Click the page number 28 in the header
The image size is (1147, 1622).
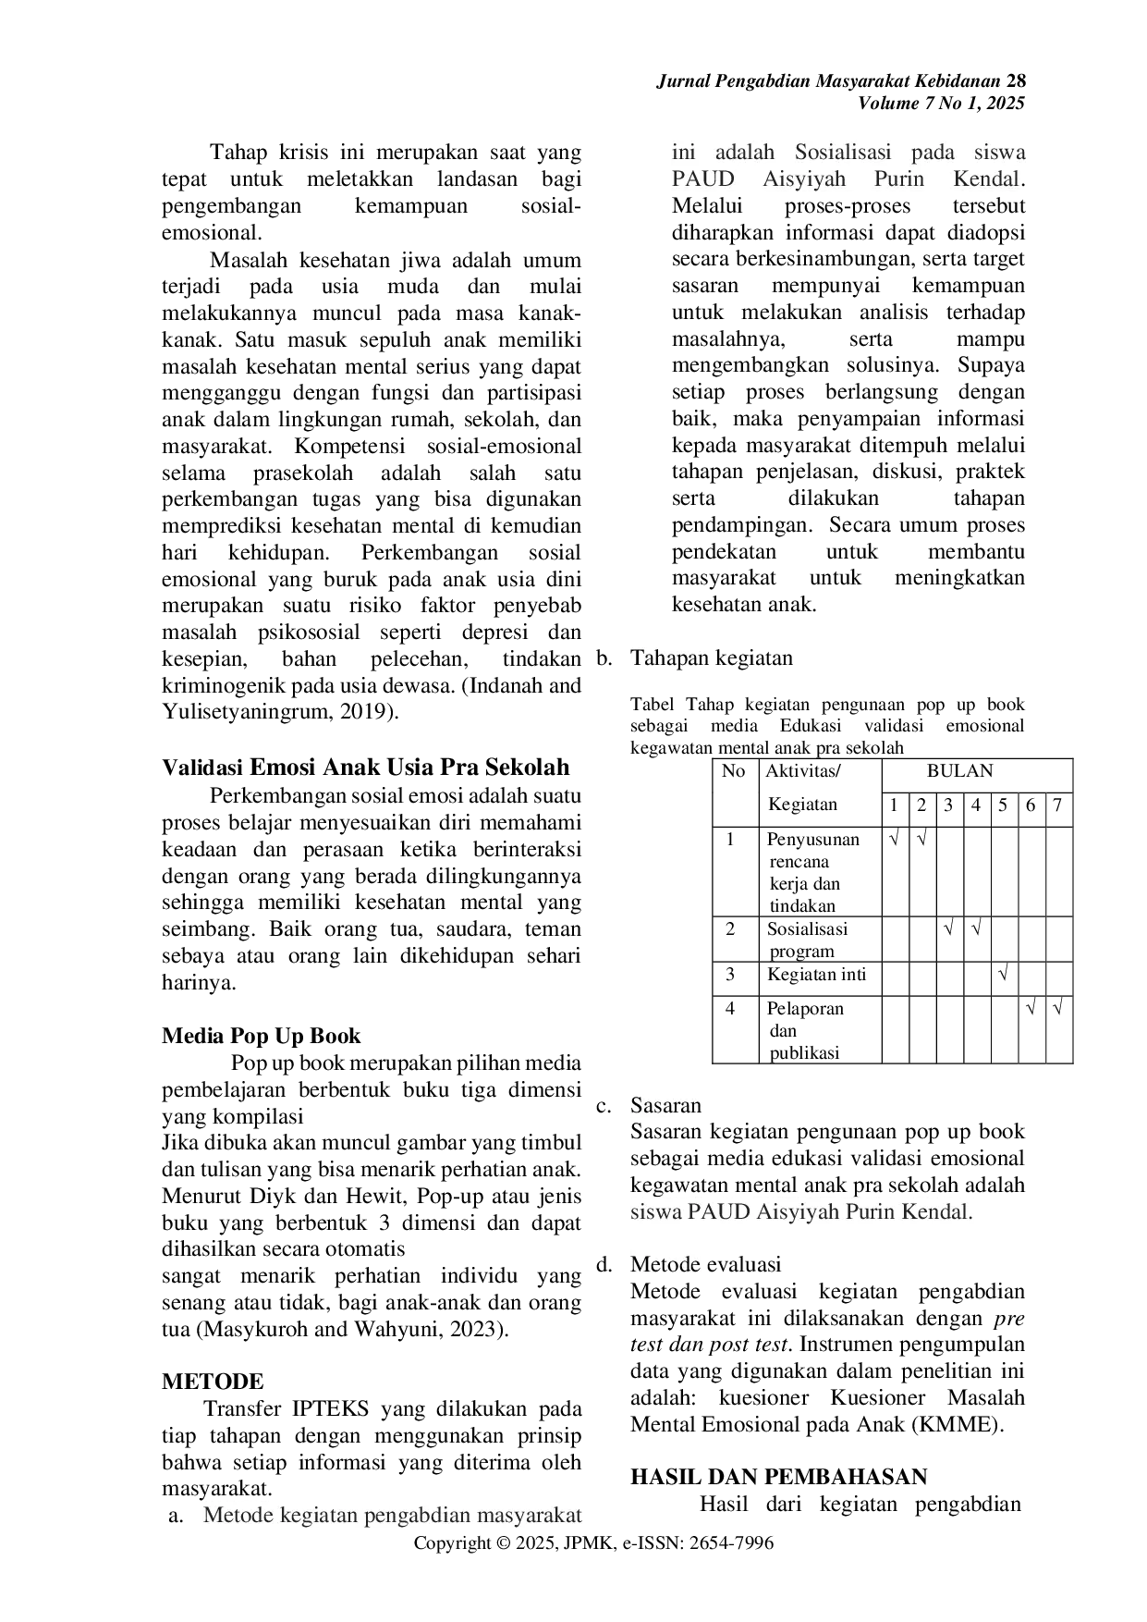point(1015,81)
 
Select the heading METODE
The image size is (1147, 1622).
point(213,1382)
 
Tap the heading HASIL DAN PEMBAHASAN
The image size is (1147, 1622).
point(778,1477)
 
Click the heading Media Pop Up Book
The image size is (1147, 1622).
point(262,1036)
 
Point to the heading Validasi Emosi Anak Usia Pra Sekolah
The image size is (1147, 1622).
point(366,768)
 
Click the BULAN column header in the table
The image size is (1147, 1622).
point(960,771)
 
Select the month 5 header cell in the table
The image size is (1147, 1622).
point(1003,805)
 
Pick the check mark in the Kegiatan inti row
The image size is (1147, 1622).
point(1004,975)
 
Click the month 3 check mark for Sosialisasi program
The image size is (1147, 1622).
point(949,928)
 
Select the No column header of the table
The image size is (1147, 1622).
point(733,771)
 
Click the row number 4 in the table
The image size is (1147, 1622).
point(730,1008)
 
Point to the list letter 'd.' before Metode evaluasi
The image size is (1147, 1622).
point(604,1264)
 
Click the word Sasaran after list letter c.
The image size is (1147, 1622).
point(665,1105)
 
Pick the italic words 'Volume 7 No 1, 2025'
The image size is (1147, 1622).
point(942,104)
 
